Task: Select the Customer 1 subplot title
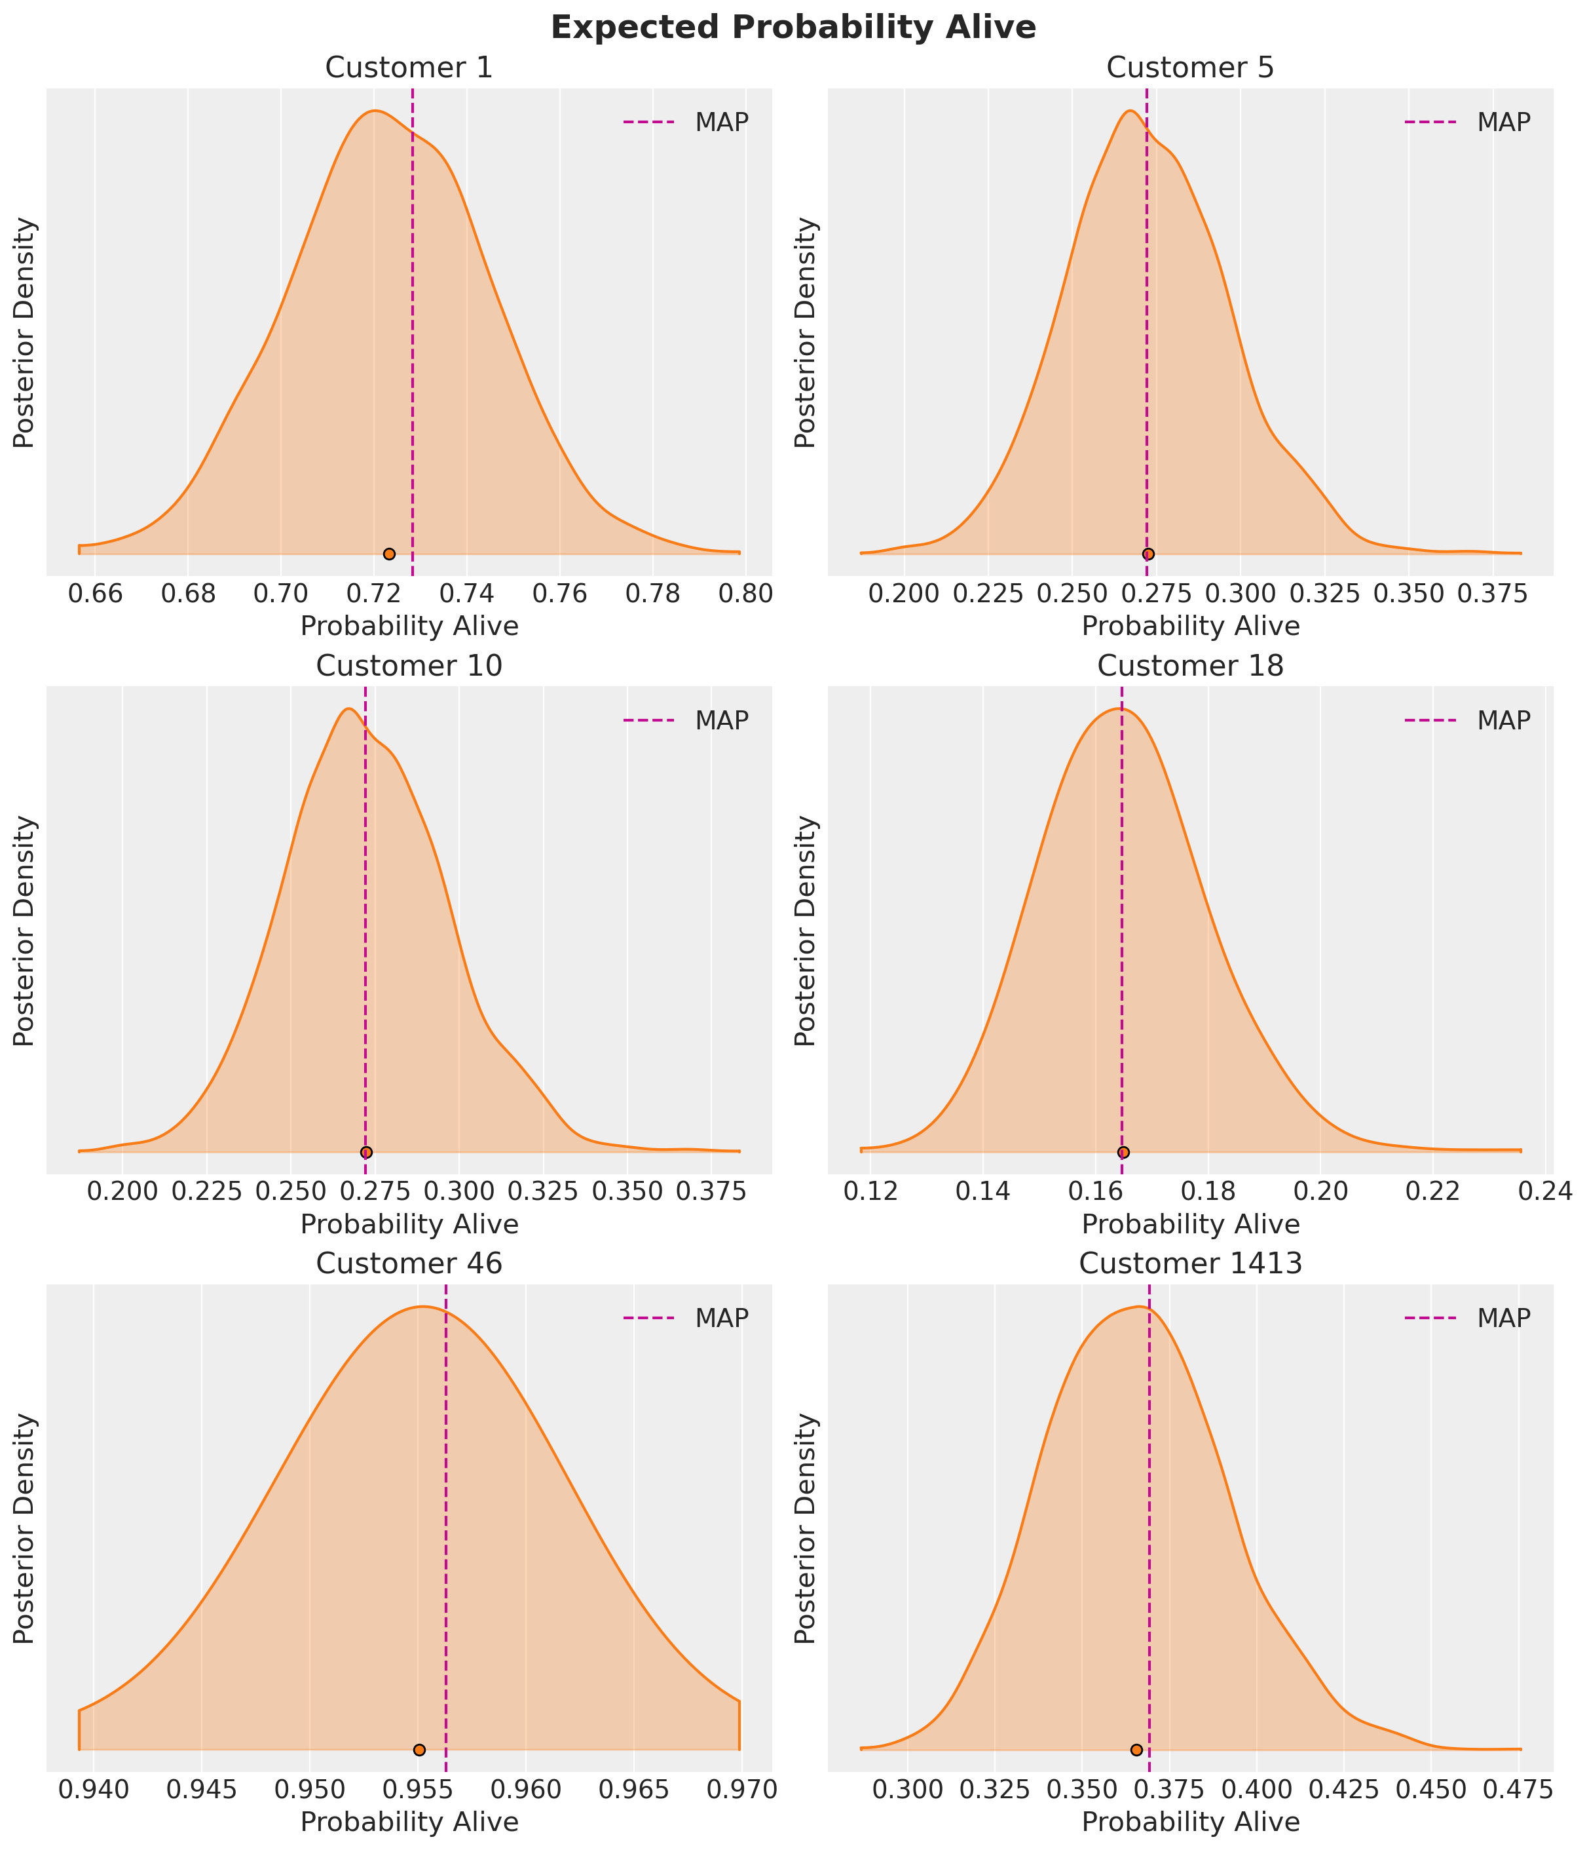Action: tap(409, 68)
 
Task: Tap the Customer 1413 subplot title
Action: tap(1190, 1263)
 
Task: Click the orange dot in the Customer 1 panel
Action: tap(389, 554)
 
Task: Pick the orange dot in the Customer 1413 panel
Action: tap(1136, 1749)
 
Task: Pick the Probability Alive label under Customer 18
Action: tap(1190, 1224)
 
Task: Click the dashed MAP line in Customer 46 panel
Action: tap(445, 1518)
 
